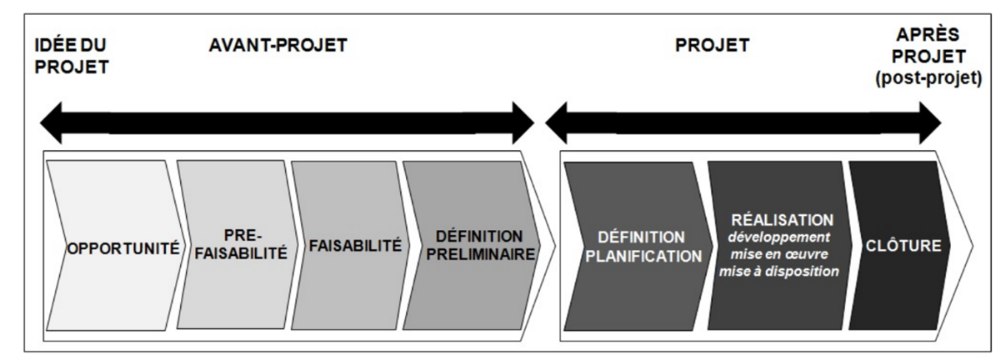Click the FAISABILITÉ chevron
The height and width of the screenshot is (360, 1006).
(350, 247)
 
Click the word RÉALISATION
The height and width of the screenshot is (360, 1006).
(781, 220)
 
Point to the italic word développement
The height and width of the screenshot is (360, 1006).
(781, 237)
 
